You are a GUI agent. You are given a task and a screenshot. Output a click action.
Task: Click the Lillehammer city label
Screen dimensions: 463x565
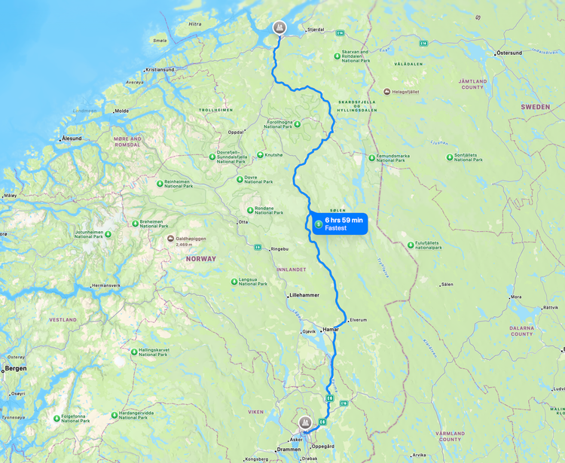305,295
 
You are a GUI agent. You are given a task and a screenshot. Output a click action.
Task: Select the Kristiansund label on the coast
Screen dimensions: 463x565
160,69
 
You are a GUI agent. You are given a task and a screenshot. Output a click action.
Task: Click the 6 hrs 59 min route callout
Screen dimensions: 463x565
340,224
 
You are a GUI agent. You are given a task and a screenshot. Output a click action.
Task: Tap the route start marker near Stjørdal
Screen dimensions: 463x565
279,29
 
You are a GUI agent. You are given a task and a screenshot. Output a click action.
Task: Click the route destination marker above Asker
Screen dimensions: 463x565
305,423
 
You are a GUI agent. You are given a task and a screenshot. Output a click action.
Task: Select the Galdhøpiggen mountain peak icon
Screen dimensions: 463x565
169,239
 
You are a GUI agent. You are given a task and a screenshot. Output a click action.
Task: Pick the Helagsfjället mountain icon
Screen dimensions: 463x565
387,92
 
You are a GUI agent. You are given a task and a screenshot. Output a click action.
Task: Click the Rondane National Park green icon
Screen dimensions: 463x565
250,210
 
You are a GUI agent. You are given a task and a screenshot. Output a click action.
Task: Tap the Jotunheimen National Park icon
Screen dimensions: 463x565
108,235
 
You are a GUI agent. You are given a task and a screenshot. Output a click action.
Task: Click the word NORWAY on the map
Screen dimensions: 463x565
201,258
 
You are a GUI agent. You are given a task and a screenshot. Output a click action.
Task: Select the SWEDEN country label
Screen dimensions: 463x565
535,107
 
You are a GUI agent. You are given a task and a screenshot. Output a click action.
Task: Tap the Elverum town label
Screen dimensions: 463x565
358,320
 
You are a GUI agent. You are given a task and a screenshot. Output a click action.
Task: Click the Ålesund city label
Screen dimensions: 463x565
72,139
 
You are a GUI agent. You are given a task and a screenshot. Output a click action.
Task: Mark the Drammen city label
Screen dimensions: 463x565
289,449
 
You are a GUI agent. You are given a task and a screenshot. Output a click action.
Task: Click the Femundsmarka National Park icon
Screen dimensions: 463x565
371,157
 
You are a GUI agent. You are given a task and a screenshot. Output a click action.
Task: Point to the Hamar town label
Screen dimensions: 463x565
331,330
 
